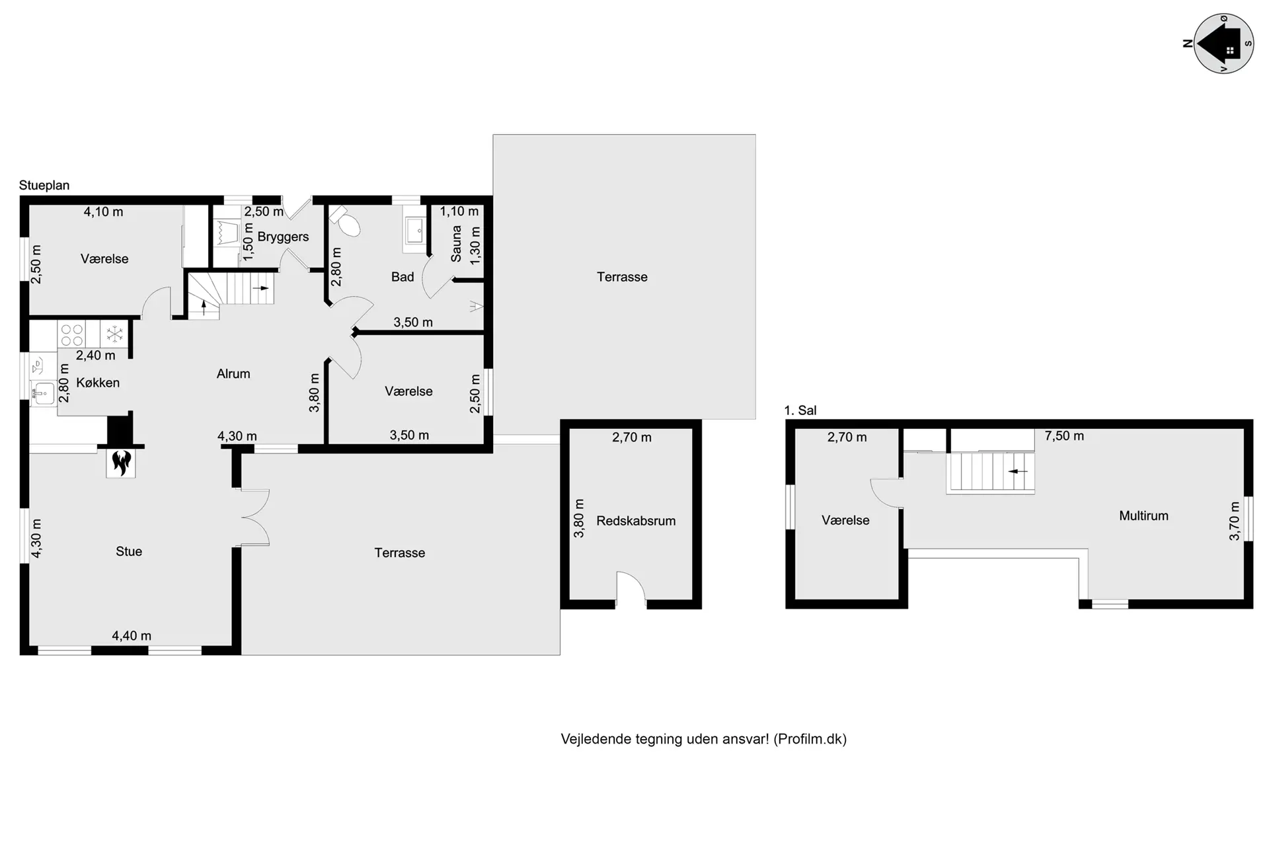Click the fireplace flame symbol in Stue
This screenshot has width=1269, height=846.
(121, 463)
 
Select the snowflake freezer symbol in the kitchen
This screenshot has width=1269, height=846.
(115, 334)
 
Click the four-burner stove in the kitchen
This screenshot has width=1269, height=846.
(71, 334)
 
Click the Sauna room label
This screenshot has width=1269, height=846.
(456, 244)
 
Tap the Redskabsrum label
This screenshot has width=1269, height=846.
(636, 521)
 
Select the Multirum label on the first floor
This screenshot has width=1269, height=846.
(1143, 516)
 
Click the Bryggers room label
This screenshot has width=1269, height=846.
(283, 237)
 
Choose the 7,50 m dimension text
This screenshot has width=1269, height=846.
(1064, 436)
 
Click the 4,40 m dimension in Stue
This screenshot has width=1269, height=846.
(132, 636)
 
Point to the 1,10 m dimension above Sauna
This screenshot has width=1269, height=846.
(459, 211)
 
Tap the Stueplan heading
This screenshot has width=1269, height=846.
(44, 185)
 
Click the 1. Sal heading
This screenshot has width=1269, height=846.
(800, 410)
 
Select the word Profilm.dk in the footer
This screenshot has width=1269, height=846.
(810, 739)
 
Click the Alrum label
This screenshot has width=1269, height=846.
(233, 373)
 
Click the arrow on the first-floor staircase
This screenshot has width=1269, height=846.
(1018, 471)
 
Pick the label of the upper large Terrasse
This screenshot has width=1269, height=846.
(622, 277)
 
